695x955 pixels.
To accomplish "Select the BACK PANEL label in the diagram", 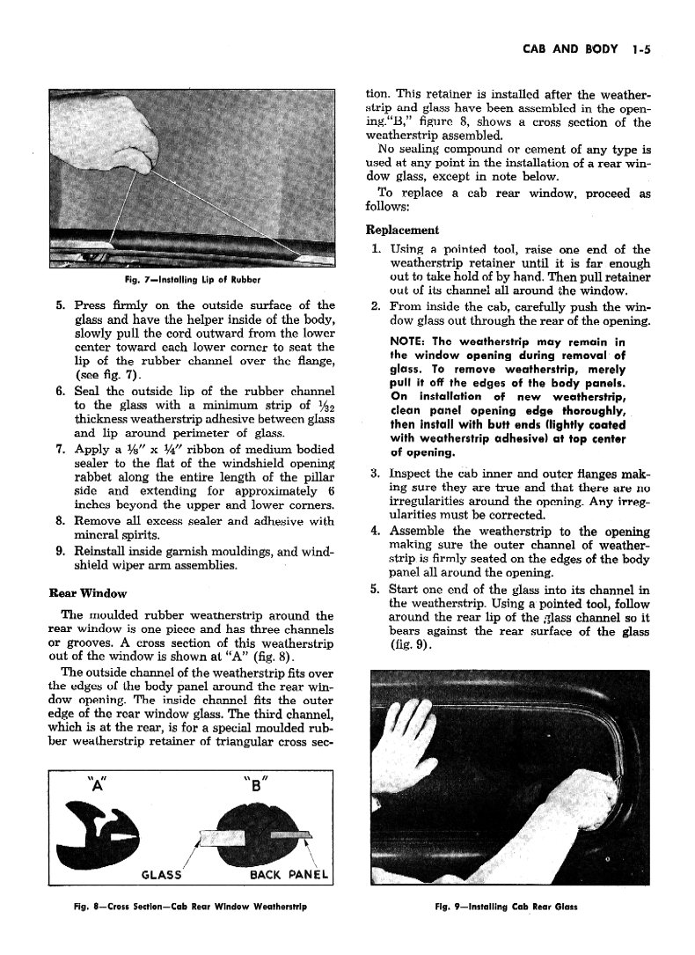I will click(289, 874).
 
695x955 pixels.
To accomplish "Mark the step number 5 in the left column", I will click(61, 305).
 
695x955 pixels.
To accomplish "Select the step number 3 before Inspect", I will click(374, 475).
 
